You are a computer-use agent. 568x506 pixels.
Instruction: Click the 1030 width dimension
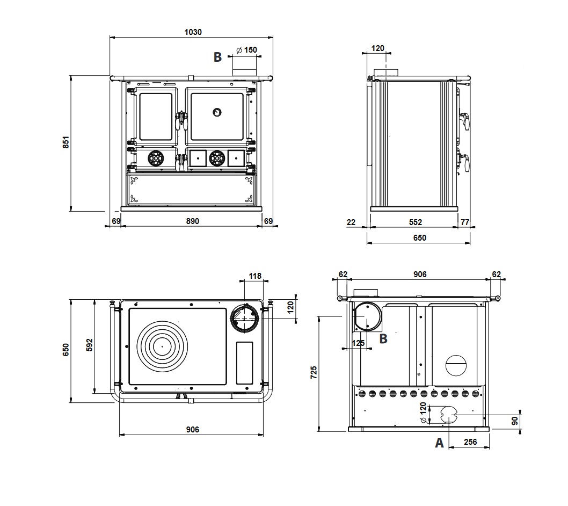click(x=193, y=32)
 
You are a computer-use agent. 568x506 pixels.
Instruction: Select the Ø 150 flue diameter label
click(x=246, y=50)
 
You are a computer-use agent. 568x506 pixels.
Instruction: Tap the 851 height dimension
click(x=65, y=142)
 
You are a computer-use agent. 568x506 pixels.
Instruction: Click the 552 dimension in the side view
click(x=415, y=222)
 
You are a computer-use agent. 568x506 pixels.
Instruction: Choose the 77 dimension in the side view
click(x=465, y=222)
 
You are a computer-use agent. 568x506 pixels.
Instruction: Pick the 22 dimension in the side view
click(x=351, y=222)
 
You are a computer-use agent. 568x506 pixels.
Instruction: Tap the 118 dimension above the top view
click(x=255, y=276)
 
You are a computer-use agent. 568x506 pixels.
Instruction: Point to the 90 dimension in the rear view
click(x=515, y=421)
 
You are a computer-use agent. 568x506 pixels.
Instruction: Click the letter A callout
click(x=439, y=443)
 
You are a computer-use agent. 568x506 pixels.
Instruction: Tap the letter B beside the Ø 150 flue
click(x=217, y=57)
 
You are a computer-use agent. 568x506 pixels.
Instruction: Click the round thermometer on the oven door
click(x=217, y=112)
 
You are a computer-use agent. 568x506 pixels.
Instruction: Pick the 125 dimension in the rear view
click(x=358, y=343)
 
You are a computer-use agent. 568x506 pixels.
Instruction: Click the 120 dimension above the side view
click(x=377, y=48)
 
